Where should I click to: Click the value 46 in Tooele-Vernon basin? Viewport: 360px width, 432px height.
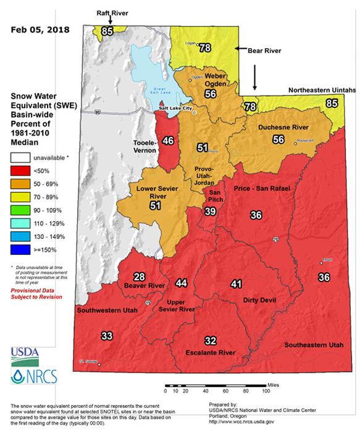click(167, 141)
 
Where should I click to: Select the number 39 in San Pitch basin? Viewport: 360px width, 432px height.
click(211, 211)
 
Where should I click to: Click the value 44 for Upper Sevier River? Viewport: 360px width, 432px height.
click(181, 283)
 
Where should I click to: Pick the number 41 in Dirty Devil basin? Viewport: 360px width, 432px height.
click(235, 284)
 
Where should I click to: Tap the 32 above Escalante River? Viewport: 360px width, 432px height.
click(211, 341)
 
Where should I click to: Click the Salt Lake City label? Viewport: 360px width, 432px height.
click(176, 109)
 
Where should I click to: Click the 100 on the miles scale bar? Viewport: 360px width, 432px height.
click(266, 391)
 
